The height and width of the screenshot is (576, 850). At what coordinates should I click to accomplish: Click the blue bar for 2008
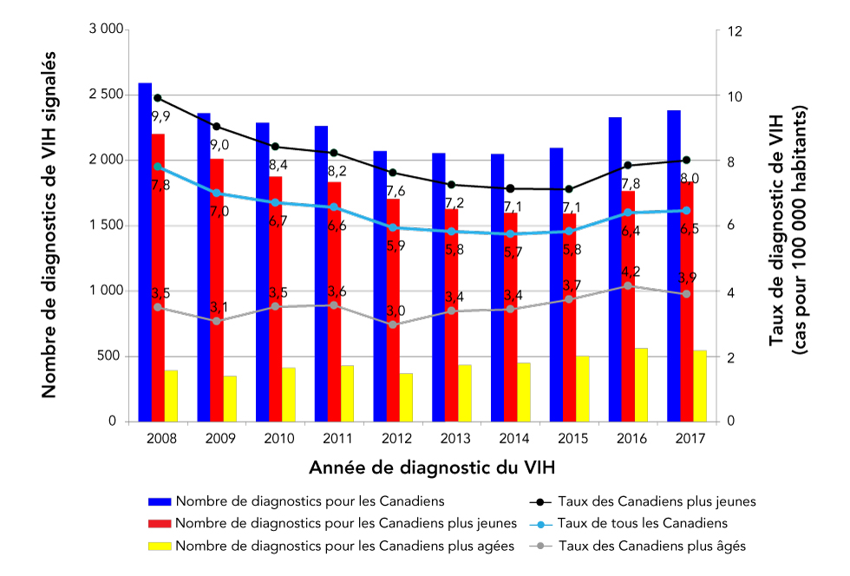[x=145, y=252]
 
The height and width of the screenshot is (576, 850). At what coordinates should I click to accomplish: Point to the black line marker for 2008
[x=157, y=98]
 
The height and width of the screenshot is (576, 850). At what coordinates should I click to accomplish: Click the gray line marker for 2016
[x=628, y=285]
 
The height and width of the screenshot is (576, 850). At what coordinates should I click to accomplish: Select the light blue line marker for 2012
[x=393, y=227]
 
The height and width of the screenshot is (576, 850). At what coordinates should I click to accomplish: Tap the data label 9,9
[x=160, y=115]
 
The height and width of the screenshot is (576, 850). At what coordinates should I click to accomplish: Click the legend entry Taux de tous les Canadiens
[x=642, y=523]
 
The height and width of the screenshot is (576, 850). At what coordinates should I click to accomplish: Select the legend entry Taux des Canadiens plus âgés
[x=651, y=546]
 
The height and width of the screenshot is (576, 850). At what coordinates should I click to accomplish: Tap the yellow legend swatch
[x=160, y=546]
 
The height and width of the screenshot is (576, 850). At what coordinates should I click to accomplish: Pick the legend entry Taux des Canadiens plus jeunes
[x=657, y=501]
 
